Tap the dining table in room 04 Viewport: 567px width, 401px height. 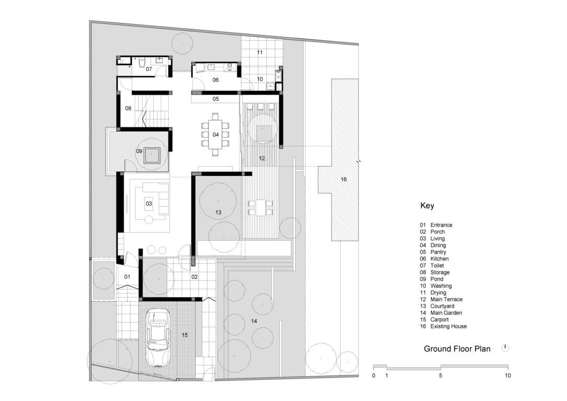216,135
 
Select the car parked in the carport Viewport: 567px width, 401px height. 158,337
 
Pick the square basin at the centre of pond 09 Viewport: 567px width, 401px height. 152,156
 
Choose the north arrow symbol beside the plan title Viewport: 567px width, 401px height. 505,348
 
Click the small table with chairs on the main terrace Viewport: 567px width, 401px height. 261,208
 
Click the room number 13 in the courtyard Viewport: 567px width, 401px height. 218,213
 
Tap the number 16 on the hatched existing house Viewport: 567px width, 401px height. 344,179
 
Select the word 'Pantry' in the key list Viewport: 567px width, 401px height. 438,252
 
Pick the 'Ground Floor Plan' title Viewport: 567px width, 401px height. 457,349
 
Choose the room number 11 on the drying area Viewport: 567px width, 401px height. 259,52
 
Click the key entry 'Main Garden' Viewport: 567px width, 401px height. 446,313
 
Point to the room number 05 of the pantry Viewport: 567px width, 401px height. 216,99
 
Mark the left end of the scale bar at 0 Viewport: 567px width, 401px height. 373,367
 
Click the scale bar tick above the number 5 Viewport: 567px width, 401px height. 441,367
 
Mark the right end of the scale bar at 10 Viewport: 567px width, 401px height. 508,367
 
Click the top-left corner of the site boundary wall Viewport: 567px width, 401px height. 90,21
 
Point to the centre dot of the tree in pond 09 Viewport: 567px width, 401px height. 151,154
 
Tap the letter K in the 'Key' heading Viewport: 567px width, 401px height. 423,205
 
